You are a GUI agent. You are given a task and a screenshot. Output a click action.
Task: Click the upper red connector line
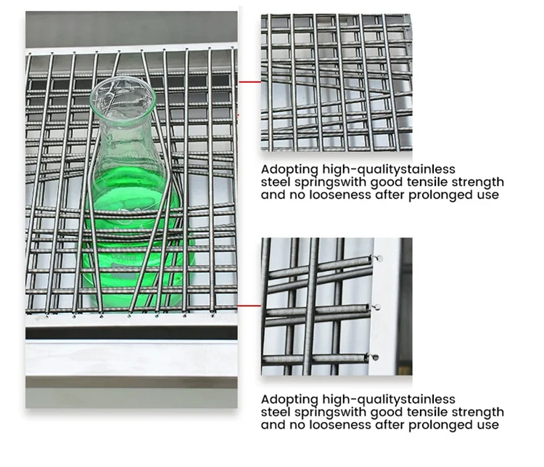(x=250, y=82)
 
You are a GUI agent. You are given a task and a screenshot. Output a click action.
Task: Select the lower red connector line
(x=249, y=306)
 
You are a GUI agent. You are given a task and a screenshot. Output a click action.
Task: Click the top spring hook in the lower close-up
(x=376, y=258)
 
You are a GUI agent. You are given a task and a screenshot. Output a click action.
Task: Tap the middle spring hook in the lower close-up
(x=376, y=306)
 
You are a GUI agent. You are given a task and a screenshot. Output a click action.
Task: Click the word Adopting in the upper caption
(x=289, y=170)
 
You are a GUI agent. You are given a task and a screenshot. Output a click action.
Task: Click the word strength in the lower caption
(x=478, y=413)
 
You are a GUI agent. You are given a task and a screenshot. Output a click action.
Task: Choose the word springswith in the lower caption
(x=330, y=413)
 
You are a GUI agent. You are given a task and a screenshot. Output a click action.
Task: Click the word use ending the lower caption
(x=488, y=425)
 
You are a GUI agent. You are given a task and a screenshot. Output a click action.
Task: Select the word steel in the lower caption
(x=276, y=412)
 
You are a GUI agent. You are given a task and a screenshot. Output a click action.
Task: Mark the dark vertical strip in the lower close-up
(x=406, y=306)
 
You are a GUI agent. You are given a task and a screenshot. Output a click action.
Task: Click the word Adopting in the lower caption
(x=289, y=400)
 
